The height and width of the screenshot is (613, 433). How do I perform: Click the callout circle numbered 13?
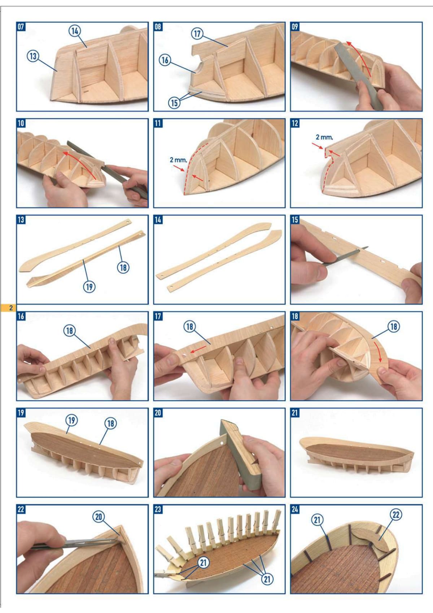[x=33, y=56]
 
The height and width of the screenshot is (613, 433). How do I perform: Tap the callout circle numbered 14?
[x=75, y=31]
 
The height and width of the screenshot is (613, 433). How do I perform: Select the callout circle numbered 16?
[x=165, y=60]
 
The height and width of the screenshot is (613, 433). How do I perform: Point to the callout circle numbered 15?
[x=174, y=103]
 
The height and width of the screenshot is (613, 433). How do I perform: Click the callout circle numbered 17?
[x=197, y=34]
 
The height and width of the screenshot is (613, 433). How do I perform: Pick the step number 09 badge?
[x=295, y=26]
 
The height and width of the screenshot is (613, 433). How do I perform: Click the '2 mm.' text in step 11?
[x=179, y=160]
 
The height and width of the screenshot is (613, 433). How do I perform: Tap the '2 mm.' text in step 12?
[x=324, y=137]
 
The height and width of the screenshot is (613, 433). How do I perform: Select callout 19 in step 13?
[x=89, y=287]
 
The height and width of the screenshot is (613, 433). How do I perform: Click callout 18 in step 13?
[x=123, y=267]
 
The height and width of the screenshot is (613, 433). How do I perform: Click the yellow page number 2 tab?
[x=8, y=308]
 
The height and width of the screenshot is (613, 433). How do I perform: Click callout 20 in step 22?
[x=99, y=517]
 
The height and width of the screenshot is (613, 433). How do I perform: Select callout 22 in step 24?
[x=396, y=515]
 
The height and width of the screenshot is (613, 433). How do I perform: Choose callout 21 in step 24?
[x=317, y=519]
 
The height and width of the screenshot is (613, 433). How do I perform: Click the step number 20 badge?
[x=158, y=413]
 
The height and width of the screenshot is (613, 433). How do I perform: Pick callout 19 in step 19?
[x=71, y=420]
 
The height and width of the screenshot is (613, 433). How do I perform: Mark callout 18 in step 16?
[x=69, y=331]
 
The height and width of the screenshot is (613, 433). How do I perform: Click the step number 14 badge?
[x=158, y=220]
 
